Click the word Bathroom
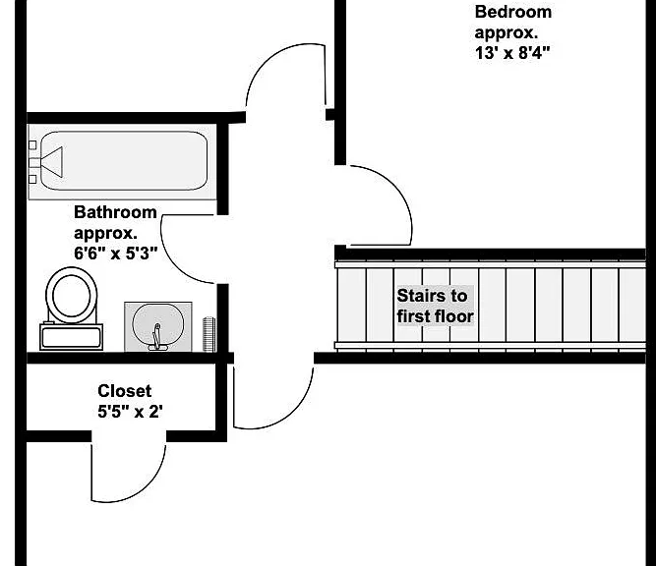point(115,212)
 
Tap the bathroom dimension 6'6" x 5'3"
point(116,254)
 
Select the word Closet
point(124,391)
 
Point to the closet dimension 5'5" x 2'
point(130,412)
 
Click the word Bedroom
point(513,12)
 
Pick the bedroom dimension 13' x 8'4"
point(512,53)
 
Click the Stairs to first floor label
point(435,306)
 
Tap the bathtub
point(123,161)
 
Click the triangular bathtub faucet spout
point(52,162)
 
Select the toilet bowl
point(72,296)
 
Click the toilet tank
point(71,336)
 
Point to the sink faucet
point(157,337)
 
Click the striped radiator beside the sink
point(209,334)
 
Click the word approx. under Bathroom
point(105,233)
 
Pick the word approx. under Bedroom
point(507,32)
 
